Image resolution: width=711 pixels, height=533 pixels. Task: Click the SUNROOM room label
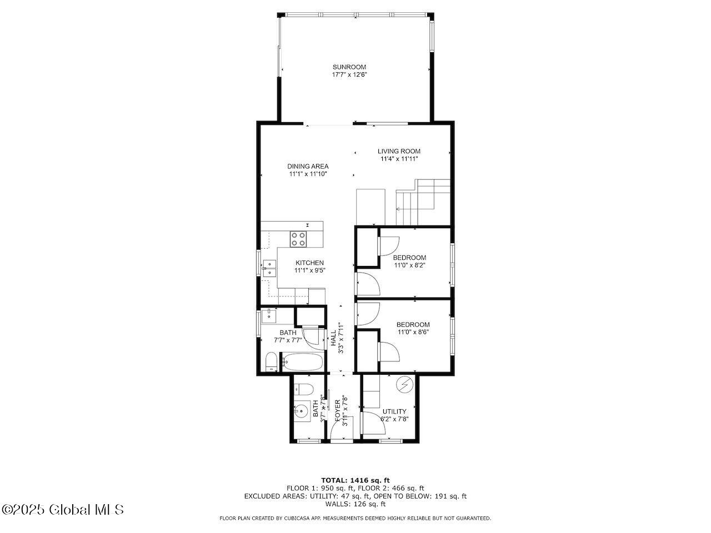click(x=349, y=67)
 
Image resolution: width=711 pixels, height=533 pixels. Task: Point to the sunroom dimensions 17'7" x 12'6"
click(x=349, y=74)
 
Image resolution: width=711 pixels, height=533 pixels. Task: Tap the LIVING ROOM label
click(x=399, y=151)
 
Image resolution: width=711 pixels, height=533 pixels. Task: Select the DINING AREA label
click(x=308, y=166)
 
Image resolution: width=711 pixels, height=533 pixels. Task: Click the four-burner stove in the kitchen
click(x=298, y=239)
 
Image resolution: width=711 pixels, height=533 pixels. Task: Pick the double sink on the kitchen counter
click(x=269, y=268)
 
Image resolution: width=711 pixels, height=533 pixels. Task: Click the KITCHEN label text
click(x=309, y=263)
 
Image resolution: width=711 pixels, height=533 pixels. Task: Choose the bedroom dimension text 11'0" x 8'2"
click(x=409, y=265)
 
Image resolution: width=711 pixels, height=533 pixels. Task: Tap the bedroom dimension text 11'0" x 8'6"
click(x=413, y=332)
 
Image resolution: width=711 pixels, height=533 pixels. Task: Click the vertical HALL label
click(x=334, y=339)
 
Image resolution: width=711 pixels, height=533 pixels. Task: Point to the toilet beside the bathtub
click(x=271, y=363)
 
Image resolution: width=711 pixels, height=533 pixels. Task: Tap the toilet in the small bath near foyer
click(x=303, y=388)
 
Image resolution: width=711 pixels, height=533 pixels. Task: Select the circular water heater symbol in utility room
click(x=404, y=384)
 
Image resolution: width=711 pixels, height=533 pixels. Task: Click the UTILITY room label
click(x=394, y=411)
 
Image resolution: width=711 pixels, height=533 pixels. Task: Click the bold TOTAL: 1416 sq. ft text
click(x=355, y=480)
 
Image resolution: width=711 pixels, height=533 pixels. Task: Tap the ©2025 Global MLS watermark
click(x=63, y=509)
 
